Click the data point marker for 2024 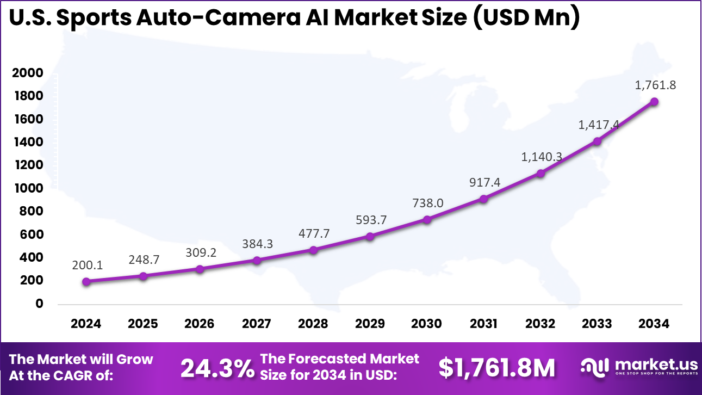click(x=86, y=281)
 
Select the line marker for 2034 click(x=654, y=102)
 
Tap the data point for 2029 click(x=370, y=237)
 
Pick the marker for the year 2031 click(x=483, y=199)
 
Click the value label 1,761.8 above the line click(x=655, y=85)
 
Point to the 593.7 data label click(x=370, y=220)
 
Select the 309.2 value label click(x=200, y=253)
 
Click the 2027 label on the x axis click(x=256, y=324)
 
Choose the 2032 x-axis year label click(x=541, y=324)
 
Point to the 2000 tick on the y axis click(x=28, y=73)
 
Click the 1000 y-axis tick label click(x=28, y=188)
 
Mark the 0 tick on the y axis click(x=39, y=304)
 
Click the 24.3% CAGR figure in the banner click(x=217, y=368)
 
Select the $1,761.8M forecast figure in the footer click(x=497, y=368)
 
